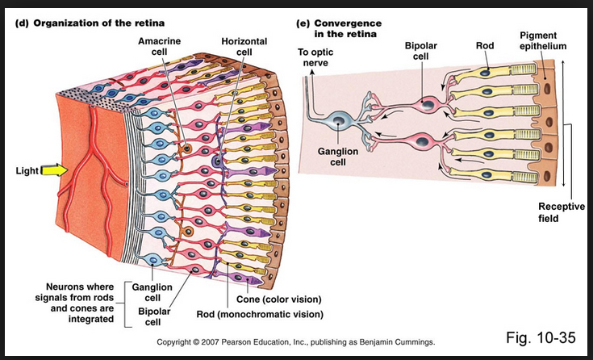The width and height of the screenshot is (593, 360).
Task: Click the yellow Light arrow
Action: (54, 170)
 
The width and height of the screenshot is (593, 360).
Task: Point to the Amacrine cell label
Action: (159, 46)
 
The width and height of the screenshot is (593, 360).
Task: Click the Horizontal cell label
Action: (244, 46)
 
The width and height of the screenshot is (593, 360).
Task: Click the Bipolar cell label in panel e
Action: (421, 52)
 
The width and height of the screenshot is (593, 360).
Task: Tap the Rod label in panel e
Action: (484, 46)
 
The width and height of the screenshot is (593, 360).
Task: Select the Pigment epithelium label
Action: (538, 41)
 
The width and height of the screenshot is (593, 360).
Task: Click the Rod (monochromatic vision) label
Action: (259, 314)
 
